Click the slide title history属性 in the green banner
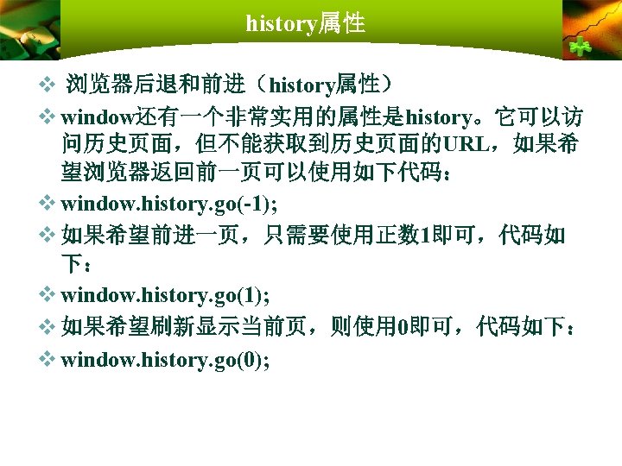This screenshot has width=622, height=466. coord(305,23)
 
